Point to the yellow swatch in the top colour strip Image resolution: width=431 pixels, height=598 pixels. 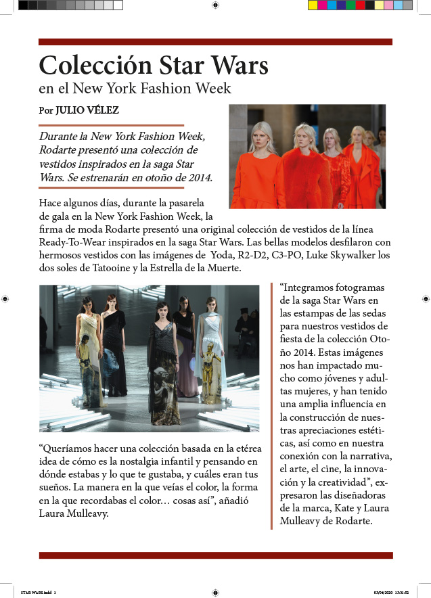[313, 5]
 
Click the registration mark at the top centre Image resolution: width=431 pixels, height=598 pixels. [215, 5]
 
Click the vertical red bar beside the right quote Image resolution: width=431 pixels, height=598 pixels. [272, 406]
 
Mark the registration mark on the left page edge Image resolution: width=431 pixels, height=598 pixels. [5, 298]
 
